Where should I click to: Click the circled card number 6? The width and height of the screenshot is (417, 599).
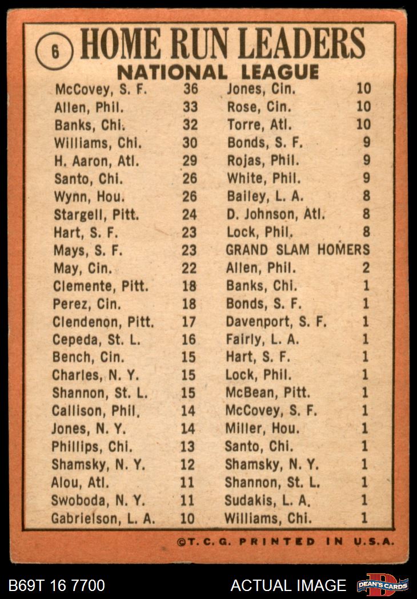click(x=54, y=51)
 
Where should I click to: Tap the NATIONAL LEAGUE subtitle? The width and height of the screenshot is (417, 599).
click(x=218, y=72)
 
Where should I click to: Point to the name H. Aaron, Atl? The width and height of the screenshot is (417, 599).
click(x=98, y=160)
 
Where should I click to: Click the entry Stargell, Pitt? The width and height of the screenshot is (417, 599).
click(x=97, y=214)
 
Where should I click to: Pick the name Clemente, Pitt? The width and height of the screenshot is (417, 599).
click(x=101, y=286)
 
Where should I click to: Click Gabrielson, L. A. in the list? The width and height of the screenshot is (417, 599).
click(x=103, y=519)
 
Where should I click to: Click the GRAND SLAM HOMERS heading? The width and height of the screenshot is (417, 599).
click(x=298, y=250)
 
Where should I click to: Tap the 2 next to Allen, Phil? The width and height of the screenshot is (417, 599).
click(x=366, y=268)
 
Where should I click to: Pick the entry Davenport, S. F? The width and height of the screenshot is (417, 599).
click(x=276, y=322)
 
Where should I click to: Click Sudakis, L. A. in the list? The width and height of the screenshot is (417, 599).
click(x=267, y=500)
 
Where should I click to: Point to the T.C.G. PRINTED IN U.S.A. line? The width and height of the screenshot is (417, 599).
click(x=286, y=541)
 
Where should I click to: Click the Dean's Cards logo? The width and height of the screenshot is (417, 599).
click(x=382, y=585)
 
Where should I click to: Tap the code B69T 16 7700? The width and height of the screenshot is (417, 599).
click(x=57, y=585)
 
